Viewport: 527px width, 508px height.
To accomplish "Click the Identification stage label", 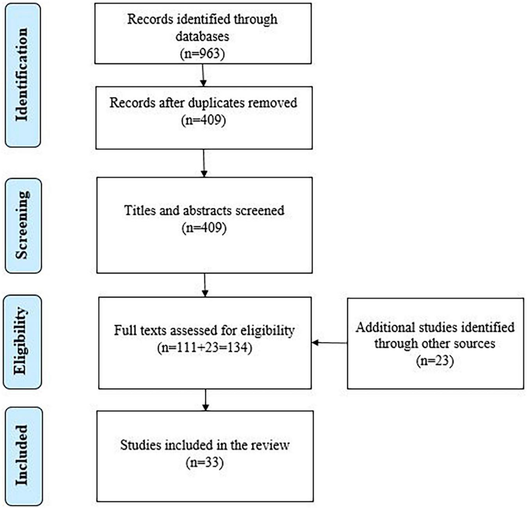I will (22, 75).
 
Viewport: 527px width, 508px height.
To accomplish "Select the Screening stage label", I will (22, 225).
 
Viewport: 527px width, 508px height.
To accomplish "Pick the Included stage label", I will (23, 455).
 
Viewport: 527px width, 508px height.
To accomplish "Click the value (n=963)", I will (203, 53).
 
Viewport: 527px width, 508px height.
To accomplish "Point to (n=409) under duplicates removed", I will (203, 120).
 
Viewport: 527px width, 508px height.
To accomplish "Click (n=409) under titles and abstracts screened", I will (204, 227).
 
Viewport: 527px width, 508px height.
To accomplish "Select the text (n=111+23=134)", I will (205, 347).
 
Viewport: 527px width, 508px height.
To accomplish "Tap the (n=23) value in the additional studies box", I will (435, 360).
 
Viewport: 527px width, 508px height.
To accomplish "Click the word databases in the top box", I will (202, 36).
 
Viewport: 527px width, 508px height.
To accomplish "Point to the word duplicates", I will (217, 103).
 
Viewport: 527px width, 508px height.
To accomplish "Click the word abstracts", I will (206, 210).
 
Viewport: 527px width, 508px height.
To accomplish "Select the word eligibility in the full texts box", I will (267, 330).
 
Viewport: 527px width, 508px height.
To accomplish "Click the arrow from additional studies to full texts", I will (329, 343).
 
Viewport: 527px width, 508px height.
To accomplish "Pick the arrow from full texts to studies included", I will (205, 399).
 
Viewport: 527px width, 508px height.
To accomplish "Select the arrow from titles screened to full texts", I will (205, 285).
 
